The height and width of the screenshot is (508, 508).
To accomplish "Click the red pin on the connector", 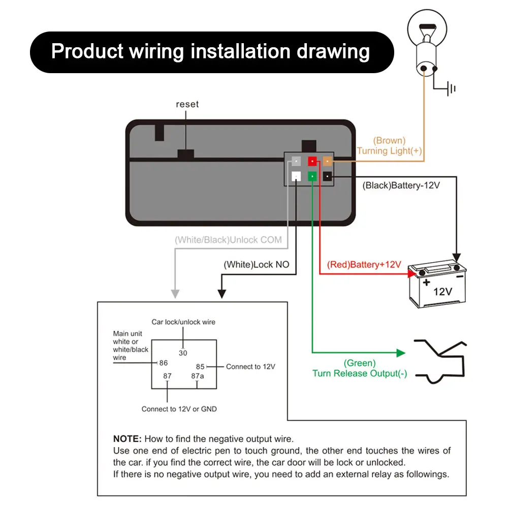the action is [312, 161].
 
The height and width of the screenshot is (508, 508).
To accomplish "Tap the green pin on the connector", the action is [312, 176].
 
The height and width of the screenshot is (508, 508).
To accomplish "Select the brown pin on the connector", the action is [328, 161].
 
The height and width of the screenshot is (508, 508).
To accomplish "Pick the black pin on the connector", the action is [328, 176].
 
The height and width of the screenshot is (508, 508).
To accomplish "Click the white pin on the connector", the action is [296, 176].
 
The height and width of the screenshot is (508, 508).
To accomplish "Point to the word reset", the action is [187, 104].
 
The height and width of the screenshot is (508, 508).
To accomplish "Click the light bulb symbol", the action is [427, 43].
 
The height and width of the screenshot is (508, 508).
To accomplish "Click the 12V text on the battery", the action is [442, 292].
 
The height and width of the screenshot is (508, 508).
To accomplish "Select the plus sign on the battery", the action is [426, 282].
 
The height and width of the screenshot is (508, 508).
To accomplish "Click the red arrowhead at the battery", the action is [412, 274].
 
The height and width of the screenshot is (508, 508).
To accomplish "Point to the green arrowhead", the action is [401, 353].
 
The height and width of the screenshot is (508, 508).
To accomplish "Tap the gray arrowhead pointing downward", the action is [175, 294].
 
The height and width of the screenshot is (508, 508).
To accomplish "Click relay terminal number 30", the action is [183, 353].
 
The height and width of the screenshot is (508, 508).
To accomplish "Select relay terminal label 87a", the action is [197, 376].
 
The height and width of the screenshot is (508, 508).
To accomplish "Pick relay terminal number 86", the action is [164, 363].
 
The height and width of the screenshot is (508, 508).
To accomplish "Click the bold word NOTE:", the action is [128, 439].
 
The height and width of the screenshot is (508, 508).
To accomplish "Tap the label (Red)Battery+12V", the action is [364, 265].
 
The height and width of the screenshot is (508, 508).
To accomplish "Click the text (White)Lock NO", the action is [256, 265].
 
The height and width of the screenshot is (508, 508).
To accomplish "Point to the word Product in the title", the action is [87, 51].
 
